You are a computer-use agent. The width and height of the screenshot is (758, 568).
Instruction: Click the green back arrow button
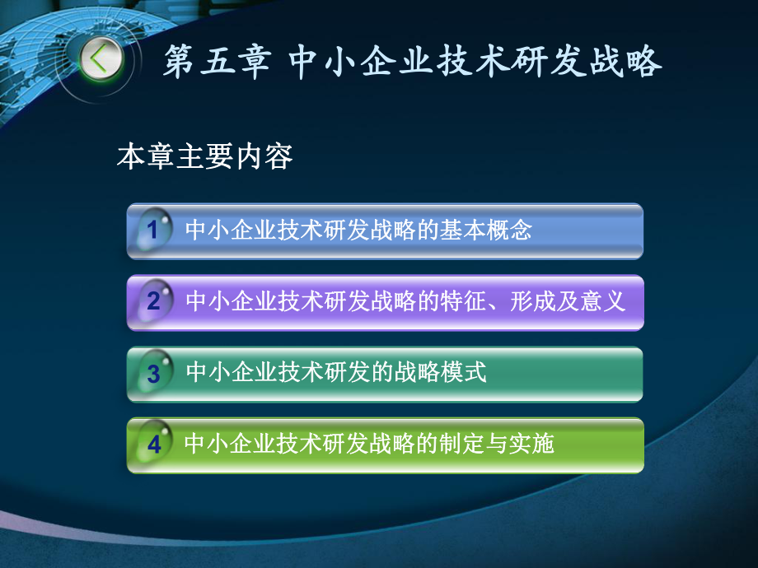[x=101, y=59]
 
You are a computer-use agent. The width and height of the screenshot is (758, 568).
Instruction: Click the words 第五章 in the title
[x=216, y=63]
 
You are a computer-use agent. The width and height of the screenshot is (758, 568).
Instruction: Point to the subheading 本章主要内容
[x=205, y=156]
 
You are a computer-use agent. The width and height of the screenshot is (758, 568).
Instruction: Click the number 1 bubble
[x=152, y=230]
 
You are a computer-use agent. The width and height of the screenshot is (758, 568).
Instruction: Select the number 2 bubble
[x=153, y=301]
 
